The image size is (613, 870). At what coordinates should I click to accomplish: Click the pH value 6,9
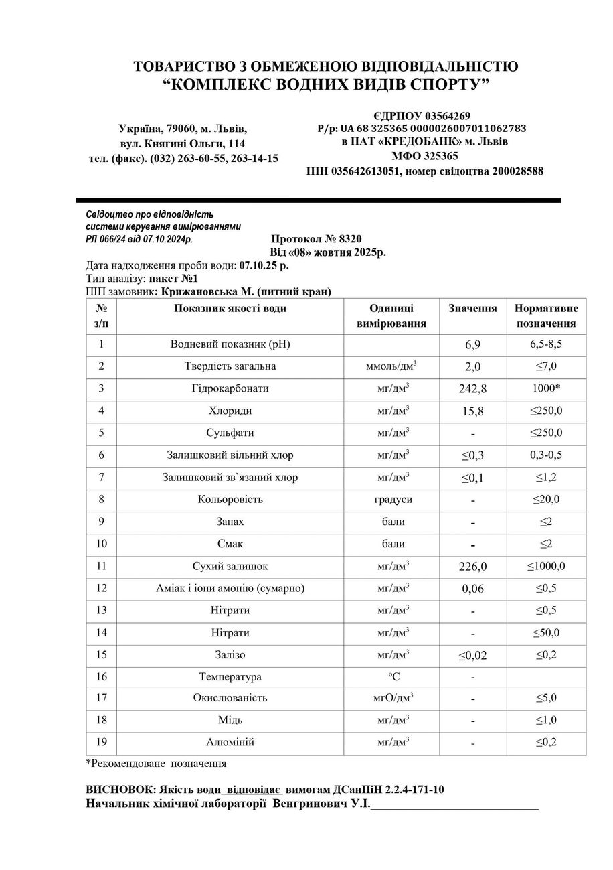[472, 344]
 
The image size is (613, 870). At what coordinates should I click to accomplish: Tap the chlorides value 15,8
[472, 411]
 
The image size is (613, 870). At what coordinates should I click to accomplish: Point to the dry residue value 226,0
[472, 567]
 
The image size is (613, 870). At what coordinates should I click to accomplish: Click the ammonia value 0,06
[472, 589]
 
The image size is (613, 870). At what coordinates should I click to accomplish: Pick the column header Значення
[472, 309]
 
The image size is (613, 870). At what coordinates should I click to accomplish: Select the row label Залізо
[230, 655]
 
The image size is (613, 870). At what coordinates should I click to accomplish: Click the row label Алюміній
[230, 742]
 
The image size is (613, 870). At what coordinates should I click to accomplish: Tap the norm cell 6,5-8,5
[545, 344]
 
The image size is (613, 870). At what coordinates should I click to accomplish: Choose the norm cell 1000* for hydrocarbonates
[545, 388]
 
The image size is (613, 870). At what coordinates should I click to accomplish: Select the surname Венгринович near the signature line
[309, 803]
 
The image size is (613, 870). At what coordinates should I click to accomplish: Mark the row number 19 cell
[101, 742]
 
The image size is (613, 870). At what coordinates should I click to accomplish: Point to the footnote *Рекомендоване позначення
[156, 763]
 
